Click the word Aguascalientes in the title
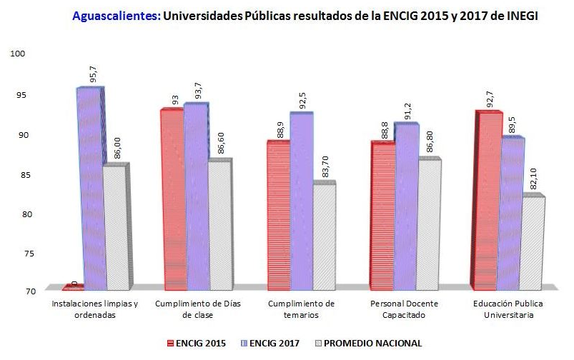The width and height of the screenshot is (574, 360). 117,15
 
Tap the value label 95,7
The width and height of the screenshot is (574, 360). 92,71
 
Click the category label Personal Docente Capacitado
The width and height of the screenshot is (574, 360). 403,309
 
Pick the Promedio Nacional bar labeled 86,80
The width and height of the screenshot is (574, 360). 429,223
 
